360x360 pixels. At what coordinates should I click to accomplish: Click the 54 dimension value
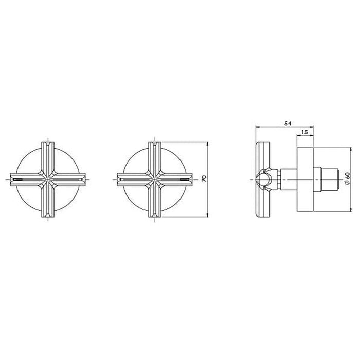[287, 123]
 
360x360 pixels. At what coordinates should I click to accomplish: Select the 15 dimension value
[304, 132]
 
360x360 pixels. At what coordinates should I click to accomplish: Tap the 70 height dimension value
[204, 178]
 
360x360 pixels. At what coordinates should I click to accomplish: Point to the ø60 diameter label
[347, 178]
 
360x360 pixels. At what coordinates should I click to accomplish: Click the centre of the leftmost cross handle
[48, 179]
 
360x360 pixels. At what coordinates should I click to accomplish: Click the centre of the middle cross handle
[155, 179]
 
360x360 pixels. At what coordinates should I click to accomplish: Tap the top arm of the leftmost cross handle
[48, 158]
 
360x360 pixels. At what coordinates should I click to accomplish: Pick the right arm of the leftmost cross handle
[69, 179]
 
